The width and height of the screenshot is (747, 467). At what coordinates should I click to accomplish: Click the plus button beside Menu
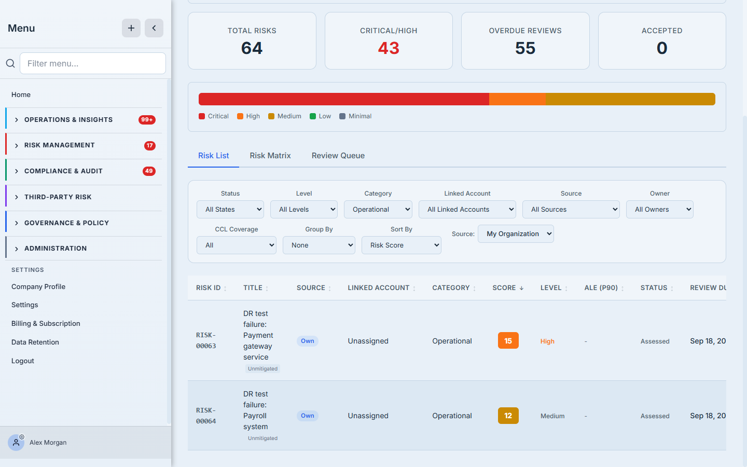(x=131, y=28)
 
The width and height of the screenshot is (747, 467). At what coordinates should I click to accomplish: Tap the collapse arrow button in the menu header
(x=154, y=28)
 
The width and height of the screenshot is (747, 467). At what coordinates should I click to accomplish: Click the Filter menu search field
(x=93, y=63)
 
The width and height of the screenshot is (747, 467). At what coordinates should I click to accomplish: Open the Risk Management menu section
(x=59, y=145)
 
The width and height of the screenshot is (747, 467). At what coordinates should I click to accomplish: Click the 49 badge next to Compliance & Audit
(x=149, y=171)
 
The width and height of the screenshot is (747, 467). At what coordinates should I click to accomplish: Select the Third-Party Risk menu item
(x=58, y=197)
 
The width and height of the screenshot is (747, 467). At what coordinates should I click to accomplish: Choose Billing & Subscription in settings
(x=46, y=323)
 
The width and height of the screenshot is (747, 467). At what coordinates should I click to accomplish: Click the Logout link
(x=23, y=361)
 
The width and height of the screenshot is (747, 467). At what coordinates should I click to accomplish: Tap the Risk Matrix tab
(x=270, y=156)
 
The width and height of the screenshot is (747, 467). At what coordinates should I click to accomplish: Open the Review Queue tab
(x=338, y=156)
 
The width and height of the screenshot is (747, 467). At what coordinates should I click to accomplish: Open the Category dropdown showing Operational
(x=378, y=210)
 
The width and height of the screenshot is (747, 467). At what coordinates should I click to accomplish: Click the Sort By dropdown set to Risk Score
(x=401, y=245)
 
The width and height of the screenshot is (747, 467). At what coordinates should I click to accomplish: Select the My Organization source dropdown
(x=516, y=234)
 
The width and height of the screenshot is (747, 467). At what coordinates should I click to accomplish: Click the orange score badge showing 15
(x=508, y=340)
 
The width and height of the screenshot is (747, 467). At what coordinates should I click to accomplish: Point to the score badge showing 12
(x=508, y=416)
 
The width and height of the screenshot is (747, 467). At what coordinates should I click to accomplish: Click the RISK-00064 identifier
(x=206, y=416)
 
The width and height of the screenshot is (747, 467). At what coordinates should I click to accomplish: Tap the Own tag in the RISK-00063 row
(x=307, y=341)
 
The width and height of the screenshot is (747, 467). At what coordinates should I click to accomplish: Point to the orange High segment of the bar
(x=517, y=99)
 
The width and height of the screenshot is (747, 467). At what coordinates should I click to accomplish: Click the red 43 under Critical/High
(x=389, y=48)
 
